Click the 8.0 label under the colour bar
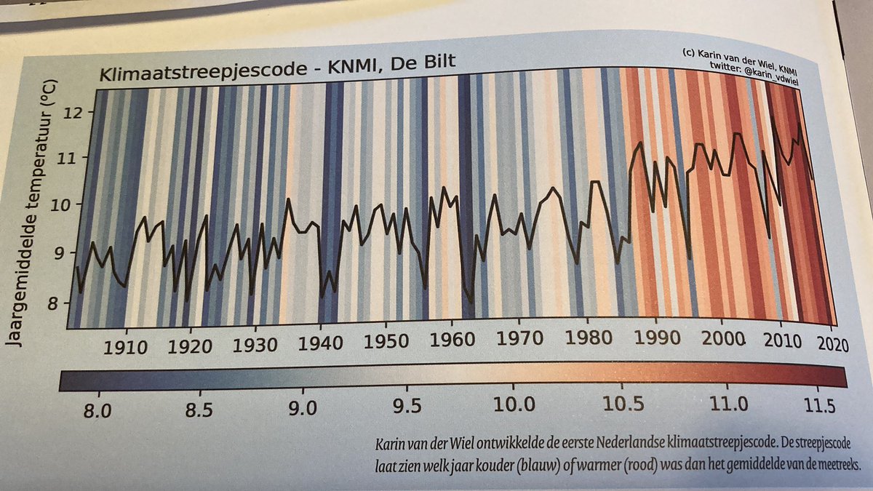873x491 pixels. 96,409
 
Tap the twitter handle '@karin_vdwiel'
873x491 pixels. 764,66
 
